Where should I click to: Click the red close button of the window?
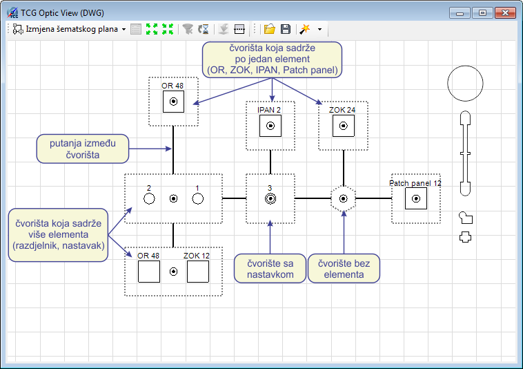click(505, 13)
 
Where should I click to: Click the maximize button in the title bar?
click(482, 13)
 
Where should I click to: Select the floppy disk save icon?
click(286, 29)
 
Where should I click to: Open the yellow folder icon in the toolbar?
click(270, 29)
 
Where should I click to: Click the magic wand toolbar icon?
click(304, 29)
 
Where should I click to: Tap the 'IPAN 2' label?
click(269, 110)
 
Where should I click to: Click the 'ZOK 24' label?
click(342, 110)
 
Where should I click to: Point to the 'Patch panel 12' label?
click(415, 183)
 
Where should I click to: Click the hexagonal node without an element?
click(343, 199)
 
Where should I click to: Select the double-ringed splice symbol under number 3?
click(270, 199)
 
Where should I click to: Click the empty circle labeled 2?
click(149, 199)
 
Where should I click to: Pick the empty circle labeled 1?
click(198, 199)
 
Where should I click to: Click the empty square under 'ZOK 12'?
click(198, 272)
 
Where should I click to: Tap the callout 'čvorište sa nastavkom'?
click(270, 269)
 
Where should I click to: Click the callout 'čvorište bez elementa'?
click(344, 269)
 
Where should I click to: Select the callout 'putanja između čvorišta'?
click(83, 149)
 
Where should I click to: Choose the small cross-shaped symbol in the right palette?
click(465, 237)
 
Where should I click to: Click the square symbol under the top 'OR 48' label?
click(173, 102)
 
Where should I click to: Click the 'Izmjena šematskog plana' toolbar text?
click(72, 29)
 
